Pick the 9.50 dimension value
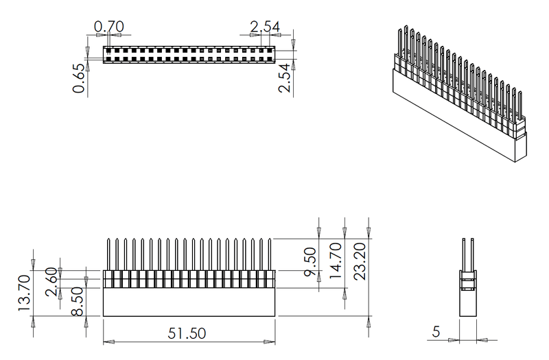[309, 261]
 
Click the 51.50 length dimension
[187, 333]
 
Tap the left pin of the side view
[465, 254]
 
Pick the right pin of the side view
[472, 254]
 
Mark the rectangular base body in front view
[189, 302]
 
